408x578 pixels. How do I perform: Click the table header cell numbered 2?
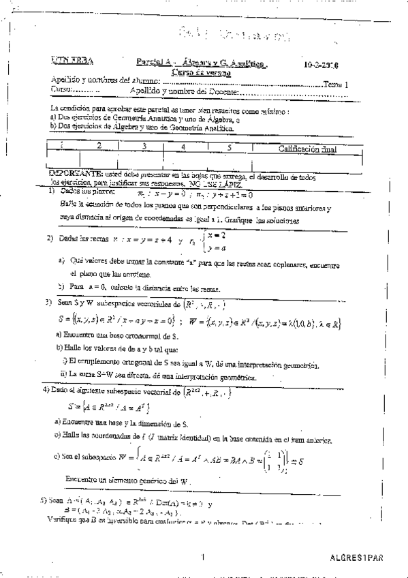(x=99, y=145)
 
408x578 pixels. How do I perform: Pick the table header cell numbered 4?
(x=183, y=147)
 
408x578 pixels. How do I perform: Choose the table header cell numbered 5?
(x=230, y=147)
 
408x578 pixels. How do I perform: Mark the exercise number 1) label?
(x=52, y=192)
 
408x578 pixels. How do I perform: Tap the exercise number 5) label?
(x=44, y=498)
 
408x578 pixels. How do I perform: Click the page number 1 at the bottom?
(x=203, y=557)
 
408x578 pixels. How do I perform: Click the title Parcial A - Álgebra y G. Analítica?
(x=202, y=61)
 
